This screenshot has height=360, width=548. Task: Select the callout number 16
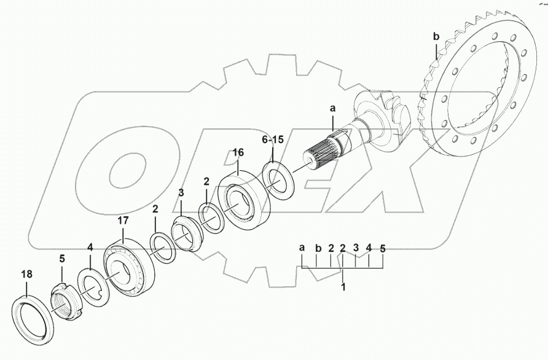(238, 151)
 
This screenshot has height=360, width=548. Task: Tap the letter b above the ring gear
(436, 37)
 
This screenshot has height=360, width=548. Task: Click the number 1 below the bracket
(343, 286)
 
